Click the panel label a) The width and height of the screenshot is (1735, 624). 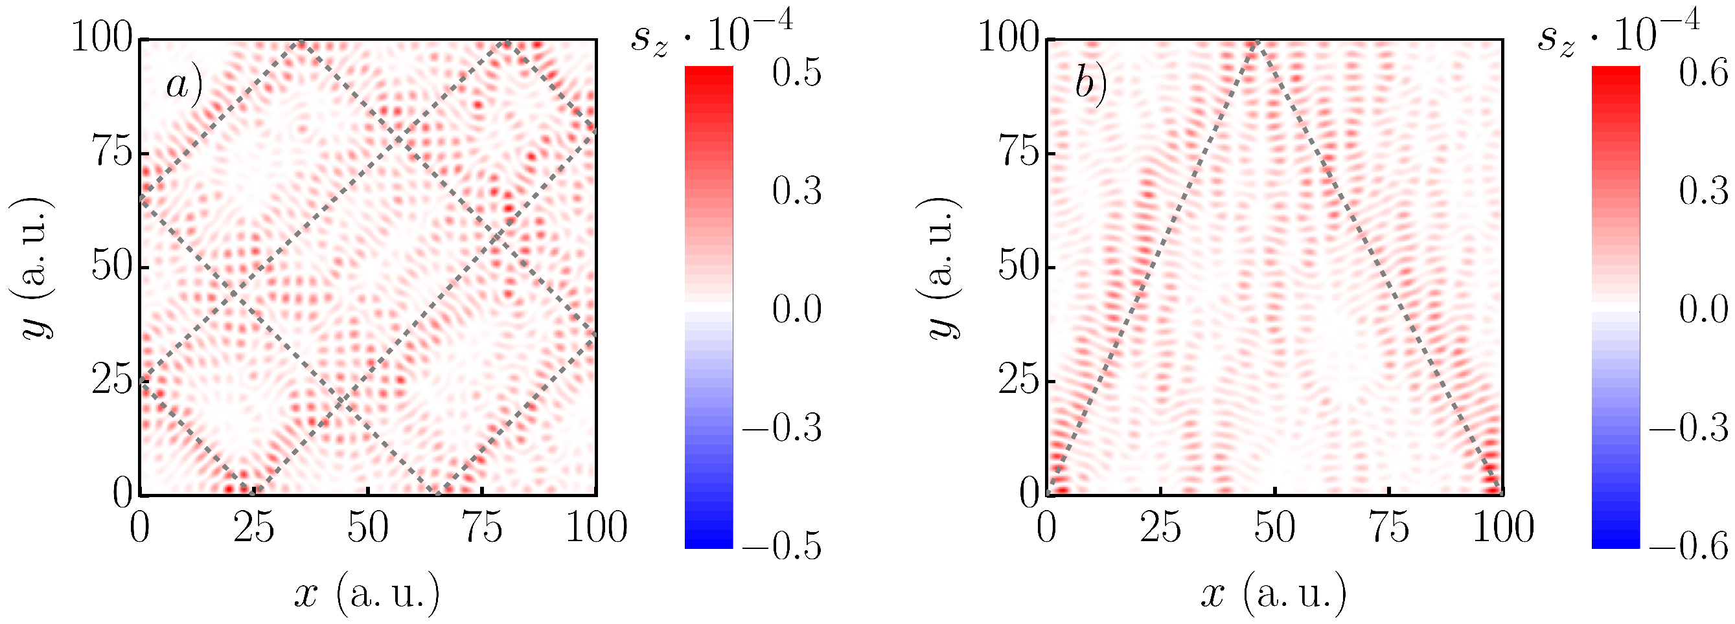(183, 85)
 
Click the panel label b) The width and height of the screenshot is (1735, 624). (1091, 85)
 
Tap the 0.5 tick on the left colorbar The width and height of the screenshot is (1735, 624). (796, 72)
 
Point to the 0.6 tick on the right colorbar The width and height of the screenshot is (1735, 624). (1703, 72)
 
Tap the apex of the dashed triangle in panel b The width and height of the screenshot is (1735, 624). (1254, 43)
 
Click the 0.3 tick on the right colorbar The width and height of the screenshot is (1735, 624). (1703, 191)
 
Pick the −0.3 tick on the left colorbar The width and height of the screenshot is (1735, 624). (781, 427)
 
